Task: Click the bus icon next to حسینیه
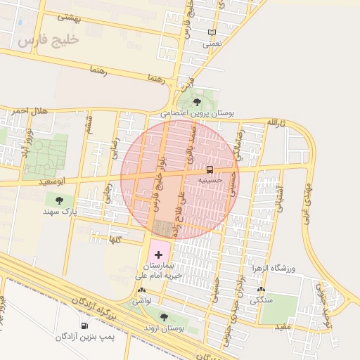(210, 169)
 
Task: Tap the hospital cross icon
(158, 253)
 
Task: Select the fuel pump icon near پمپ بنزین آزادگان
(84, 326)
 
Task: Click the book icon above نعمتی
(212, 32)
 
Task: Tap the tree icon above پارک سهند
(69, 200)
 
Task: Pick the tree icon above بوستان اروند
(164, 317)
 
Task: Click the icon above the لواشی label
(143, 290)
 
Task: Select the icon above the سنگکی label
(262, 289)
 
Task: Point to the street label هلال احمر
(29, 110)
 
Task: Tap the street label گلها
(115, 240)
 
